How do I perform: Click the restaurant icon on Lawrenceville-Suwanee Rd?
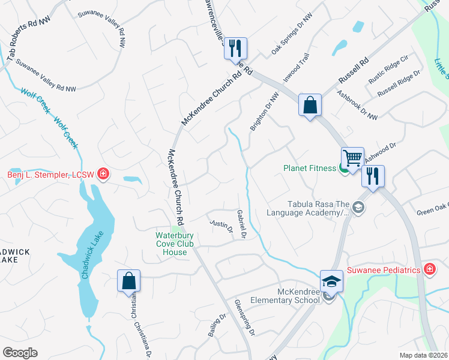tap(235, 48)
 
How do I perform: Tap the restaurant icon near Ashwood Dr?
tap(372, 176)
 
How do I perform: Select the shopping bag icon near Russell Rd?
tap(310, 105)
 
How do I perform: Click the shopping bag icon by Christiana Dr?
tap(128, 281)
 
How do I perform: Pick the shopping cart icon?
tap(352, 158)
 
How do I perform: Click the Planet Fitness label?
tap(310, 168)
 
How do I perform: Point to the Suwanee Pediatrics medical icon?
tap(430, 269)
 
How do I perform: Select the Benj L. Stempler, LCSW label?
tap(52, 175)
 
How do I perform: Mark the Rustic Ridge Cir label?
tap(388, 68)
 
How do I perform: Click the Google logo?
tap(20, 353)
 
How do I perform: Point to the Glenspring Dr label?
tap(245, 317)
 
